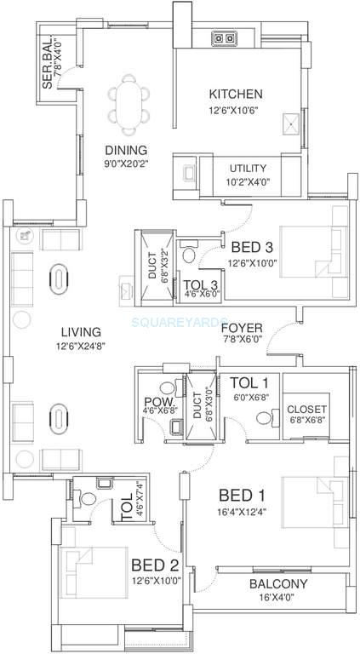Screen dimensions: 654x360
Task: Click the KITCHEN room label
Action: point(236,94)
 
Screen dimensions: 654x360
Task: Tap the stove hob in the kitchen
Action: point(226,37)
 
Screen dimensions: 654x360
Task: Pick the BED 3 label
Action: point(247,248)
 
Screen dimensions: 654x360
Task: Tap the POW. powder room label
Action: point(156,401)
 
